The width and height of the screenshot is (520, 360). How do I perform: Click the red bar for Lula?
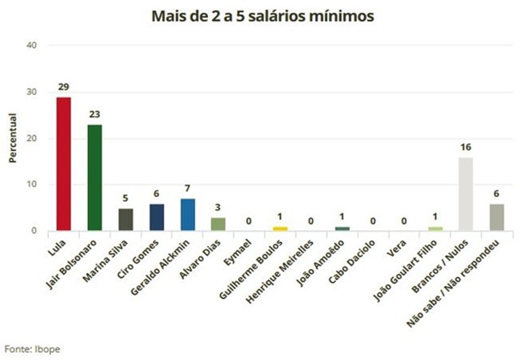[63, 164]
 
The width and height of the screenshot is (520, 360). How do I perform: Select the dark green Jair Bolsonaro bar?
[94, 178]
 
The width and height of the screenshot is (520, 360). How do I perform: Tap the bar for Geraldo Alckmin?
[188, 214]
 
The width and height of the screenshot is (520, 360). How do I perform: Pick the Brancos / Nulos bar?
[465, 194]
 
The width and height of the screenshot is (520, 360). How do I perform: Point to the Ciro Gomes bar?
[157, 217]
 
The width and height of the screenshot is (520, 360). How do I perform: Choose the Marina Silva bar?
[126, 219]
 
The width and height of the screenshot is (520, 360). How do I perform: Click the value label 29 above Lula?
[63, 86]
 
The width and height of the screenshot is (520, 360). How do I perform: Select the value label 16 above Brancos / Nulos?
[465, 146]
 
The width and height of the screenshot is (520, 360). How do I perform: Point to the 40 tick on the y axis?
[32, 46]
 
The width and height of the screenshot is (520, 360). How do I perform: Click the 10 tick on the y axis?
[32, 185]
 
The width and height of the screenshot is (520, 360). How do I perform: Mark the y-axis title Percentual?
[13, 138]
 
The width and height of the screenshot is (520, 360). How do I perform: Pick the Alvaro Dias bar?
[219, 224]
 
